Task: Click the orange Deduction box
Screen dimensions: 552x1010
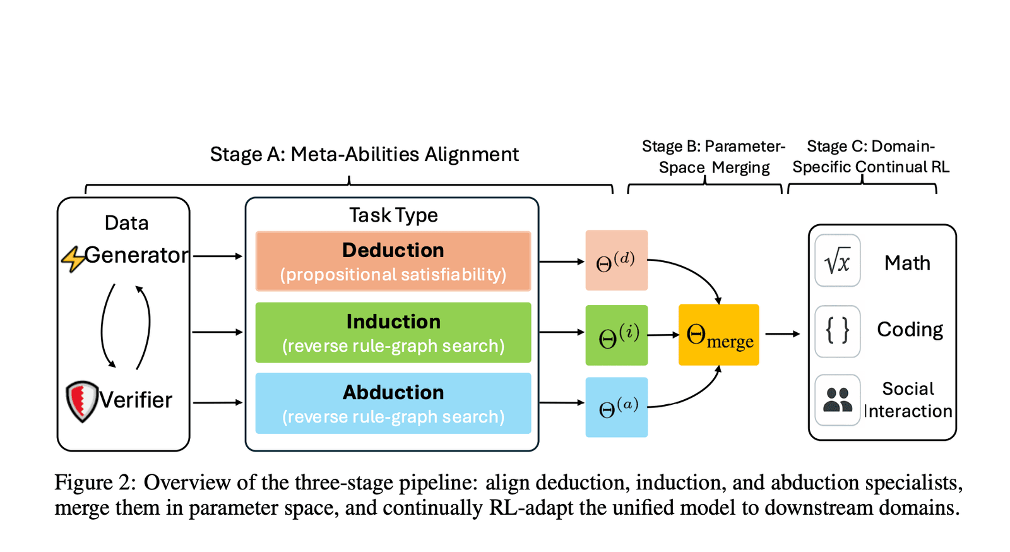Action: point(393,260)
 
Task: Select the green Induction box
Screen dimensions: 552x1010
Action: point(393,332)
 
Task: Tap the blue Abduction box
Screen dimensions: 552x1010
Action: point(393,403)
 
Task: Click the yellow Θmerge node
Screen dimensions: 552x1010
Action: point(718,335)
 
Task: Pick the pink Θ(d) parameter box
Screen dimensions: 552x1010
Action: point(616,260)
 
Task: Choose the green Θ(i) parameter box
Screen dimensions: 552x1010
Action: point(616,335)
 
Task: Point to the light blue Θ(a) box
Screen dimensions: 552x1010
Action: point(616,407)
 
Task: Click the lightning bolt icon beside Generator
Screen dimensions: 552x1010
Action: point(73,258)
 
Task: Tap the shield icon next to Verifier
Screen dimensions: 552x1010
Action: point(82,400)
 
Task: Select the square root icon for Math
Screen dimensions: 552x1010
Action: point(837,261)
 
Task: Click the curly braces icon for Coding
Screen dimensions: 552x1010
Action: point(837,330)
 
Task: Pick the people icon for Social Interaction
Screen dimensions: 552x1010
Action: point(837,400)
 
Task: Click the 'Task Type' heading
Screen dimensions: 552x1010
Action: point(393,215)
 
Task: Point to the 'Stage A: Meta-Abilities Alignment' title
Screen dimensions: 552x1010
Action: point(364,154)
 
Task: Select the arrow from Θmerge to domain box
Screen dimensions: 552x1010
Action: point(782,333)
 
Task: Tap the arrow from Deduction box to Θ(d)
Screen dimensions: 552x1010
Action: point(561,261)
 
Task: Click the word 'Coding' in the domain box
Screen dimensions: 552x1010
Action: point(910,329)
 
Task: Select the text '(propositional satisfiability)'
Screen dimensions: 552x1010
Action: point(393,275)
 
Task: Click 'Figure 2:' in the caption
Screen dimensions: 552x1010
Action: point(95,483)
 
